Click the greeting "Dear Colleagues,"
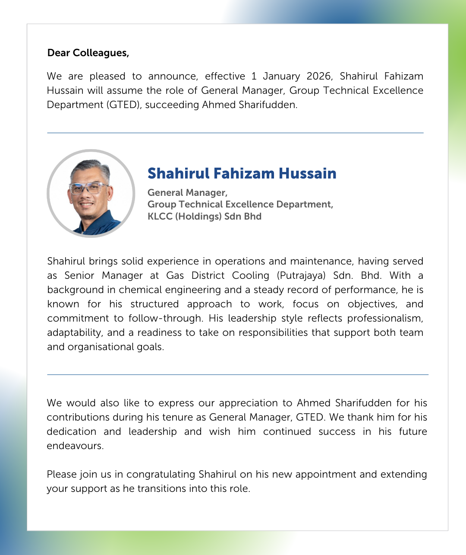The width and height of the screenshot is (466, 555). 88,53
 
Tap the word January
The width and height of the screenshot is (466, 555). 281,76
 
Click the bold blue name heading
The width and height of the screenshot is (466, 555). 242,173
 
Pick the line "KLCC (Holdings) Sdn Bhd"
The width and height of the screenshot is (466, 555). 204,216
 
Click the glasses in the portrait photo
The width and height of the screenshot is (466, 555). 88,188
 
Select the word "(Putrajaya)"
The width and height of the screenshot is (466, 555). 301,275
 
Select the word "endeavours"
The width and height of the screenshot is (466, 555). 75,446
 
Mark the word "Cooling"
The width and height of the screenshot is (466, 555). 250,275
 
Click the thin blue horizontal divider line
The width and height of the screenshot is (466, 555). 237,374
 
